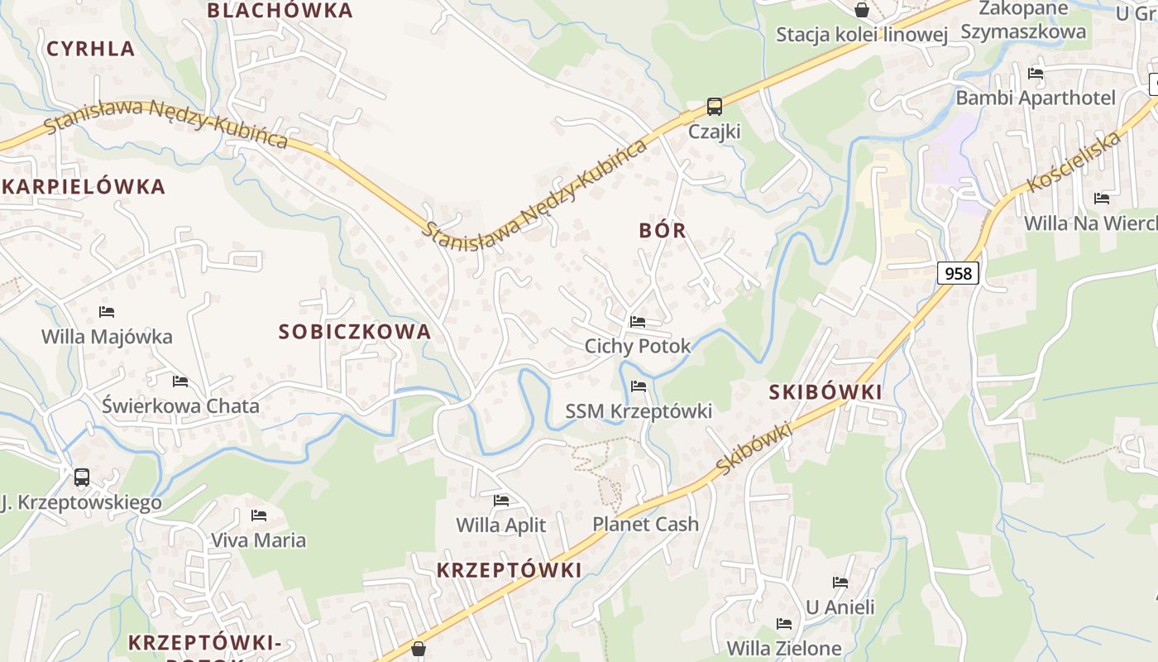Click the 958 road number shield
[x=958, y=273]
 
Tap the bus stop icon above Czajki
[x=715, y=107]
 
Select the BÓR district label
[x=663, y=231]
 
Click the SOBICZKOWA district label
[x=355, y=332]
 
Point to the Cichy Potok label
[x=637, y=346]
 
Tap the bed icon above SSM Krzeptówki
[x=638, y=386]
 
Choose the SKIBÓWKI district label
[x=825, y=392]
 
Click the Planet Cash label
[x=645, y=524]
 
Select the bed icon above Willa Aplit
[x=501, y=500]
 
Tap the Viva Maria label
[x=258, y=540]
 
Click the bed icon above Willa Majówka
[x=107, y=312]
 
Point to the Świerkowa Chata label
[x=180, y=406]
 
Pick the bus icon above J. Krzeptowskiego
[x=82, y=477]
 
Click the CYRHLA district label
[x=91, y=49]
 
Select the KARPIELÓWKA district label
[x=84, y=187]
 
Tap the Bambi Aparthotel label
[x=1036, y=98]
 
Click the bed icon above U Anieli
[x=840, y=583]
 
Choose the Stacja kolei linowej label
[x=861, y=35]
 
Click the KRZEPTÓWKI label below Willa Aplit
[x=509, y=570]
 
